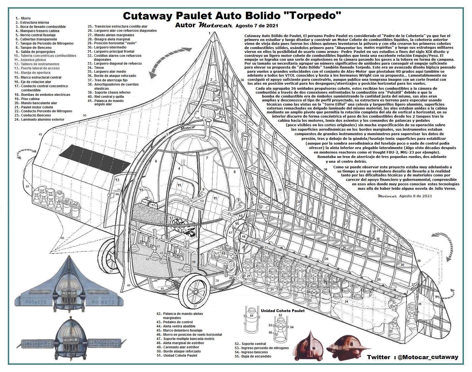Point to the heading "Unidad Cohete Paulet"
pyautogui.click(x=283, y=310)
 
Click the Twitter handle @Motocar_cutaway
pyautogui.click(x=428, y=357)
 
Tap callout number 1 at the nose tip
pyautogui.click(x=209, y=33)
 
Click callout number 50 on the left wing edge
pyautogui.click(x=85, y=115)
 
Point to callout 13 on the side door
pyautogui.click(x=117, y=180)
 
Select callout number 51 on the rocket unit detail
pyautogui.click(x=252, y=316)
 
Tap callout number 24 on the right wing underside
pyautogui.click(x=346, y=302)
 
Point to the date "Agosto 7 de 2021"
pyautogui.click(x=256, y=26)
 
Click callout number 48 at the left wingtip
pyautogui.click(x=27, y=186)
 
